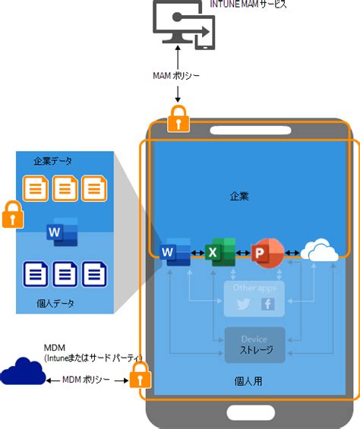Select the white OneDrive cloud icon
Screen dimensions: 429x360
tap(320, 251)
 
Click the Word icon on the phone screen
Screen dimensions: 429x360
tap(175, 251)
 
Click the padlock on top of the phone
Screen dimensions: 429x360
tap(178, 119)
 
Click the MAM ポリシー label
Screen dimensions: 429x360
tap(178, 76)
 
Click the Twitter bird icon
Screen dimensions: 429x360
tap(243, 304)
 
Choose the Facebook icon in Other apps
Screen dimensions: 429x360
tap(267, 304)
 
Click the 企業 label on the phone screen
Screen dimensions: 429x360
tap(240, 196)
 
